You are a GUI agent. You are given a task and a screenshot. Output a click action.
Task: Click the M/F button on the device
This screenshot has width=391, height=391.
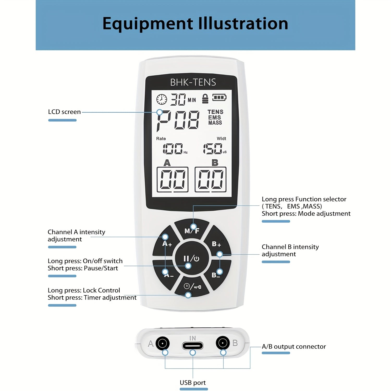[x=192, y=230]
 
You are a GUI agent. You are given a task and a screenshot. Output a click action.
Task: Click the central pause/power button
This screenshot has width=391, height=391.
[x=192, y=258]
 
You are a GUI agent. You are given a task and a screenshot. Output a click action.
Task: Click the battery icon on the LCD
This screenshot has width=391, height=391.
[x=219, y=98]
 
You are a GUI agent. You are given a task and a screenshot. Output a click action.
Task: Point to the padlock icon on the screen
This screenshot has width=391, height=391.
[x=205, y=99]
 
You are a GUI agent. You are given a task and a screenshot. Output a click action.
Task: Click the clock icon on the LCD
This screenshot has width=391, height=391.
[x=162, y=99]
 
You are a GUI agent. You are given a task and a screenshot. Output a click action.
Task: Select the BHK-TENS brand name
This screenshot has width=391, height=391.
[x=193, y=82]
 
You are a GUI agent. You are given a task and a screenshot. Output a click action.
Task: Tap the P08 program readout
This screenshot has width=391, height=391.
[x=178, y=120]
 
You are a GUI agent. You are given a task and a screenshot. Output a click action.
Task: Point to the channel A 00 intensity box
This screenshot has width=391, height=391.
[x=172, y=180]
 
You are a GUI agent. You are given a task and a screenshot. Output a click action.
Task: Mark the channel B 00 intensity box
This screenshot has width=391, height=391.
[x=210, y=180]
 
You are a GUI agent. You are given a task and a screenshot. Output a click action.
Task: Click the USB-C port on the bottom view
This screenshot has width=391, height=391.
[x=193, y=346]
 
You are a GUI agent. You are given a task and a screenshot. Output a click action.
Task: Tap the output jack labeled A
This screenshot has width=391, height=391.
[x=162, y=343]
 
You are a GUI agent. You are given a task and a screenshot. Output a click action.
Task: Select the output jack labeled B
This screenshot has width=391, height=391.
[x=223, y=343]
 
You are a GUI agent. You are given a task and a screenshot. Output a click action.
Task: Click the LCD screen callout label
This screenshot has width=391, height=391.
[x=64, y=112]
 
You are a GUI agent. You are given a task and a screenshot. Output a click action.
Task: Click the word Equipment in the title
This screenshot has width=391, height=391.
[x=148, y=24]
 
